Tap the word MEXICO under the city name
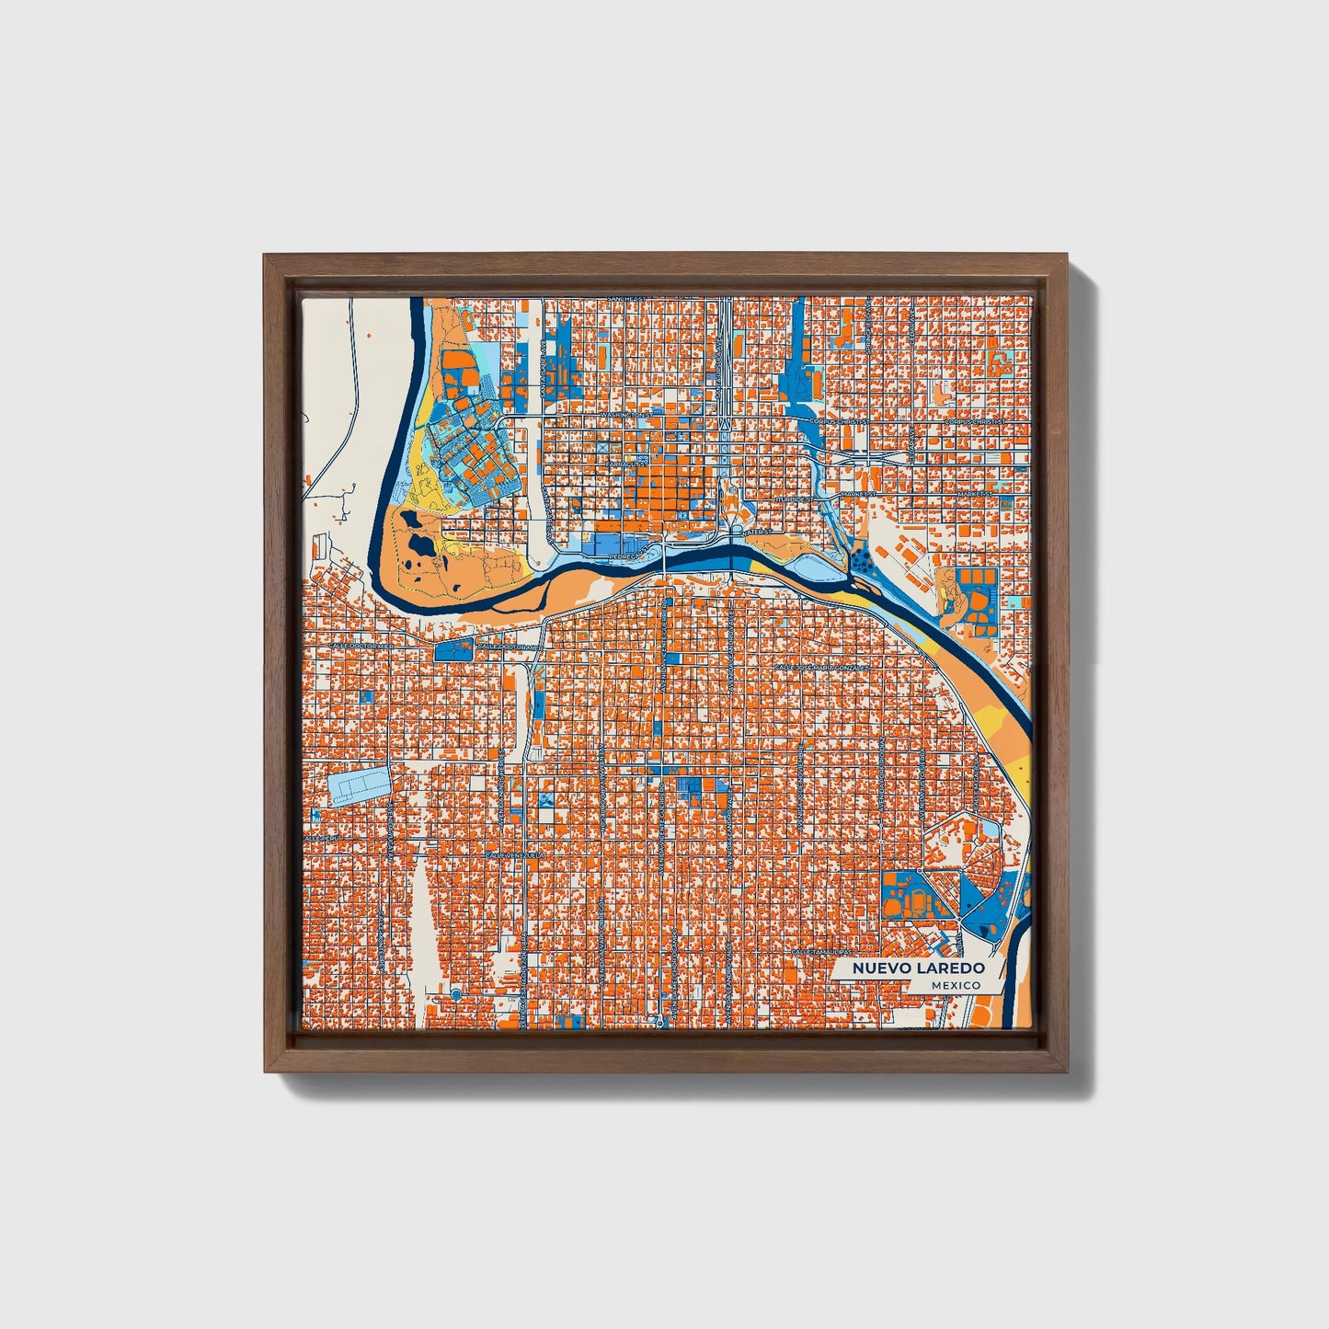955,985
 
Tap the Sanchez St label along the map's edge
628,299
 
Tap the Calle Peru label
323,839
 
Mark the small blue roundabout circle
455,994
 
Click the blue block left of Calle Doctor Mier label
453,649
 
